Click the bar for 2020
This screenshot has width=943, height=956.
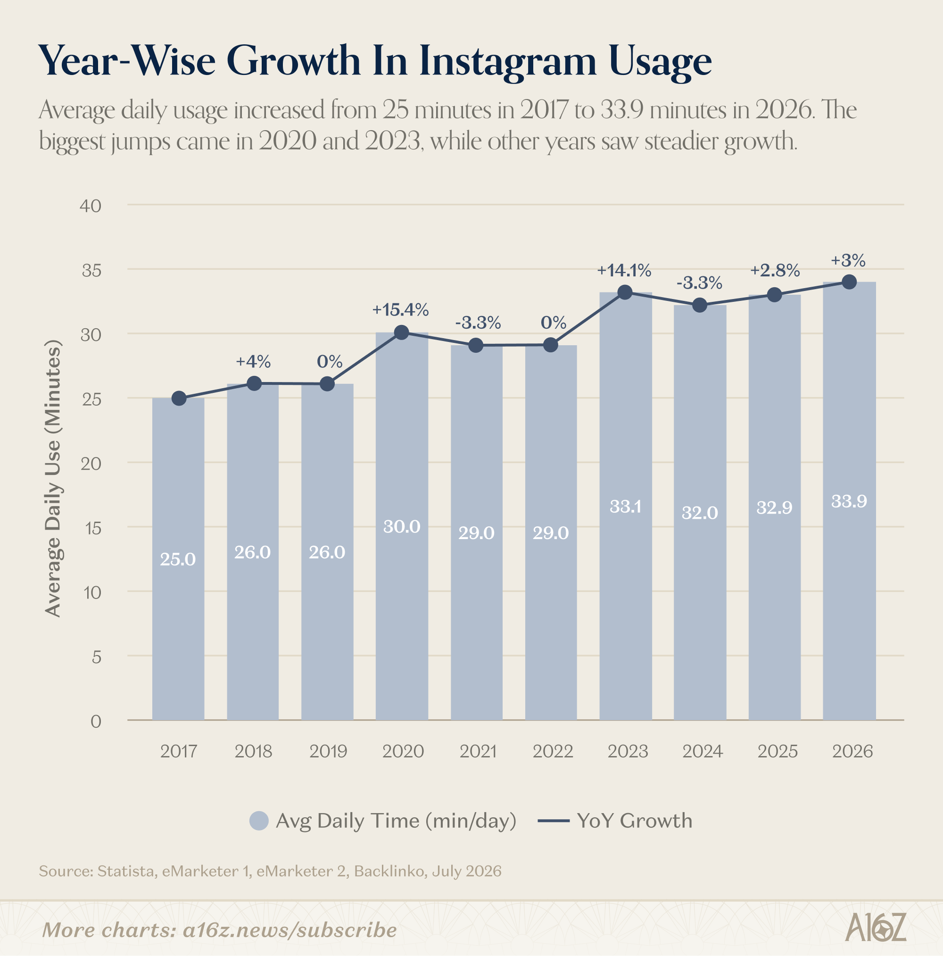(x=402, y=526)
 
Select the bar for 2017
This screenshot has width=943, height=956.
(x=178, y=559)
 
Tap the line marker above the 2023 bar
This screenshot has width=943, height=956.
(x=625, y=292)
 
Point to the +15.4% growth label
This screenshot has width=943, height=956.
(x=400, y=310)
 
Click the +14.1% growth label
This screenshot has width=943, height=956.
(x=624, y=270)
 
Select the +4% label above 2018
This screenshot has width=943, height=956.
(x=253, y=362)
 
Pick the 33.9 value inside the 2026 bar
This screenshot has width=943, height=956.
(x=849, y=501)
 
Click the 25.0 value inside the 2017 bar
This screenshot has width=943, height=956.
(x=178, y=559)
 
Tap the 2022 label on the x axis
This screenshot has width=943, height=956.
(x=553, y=752)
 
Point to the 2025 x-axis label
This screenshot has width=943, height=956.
(x=777, y=752)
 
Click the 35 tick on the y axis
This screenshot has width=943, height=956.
(x=91, y=270)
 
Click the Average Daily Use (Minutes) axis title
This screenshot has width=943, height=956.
(x=52, y=479)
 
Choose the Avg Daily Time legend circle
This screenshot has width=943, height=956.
(x=259, y=821)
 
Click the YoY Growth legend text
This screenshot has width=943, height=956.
(x=634, y=821)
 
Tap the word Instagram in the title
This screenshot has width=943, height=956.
(x=508, y=62)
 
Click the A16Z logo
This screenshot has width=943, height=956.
(x=876, y=927)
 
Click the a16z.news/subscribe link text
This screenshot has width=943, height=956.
(x=290, y=930)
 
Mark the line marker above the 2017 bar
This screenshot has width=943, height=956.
(x=179, y=399)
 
